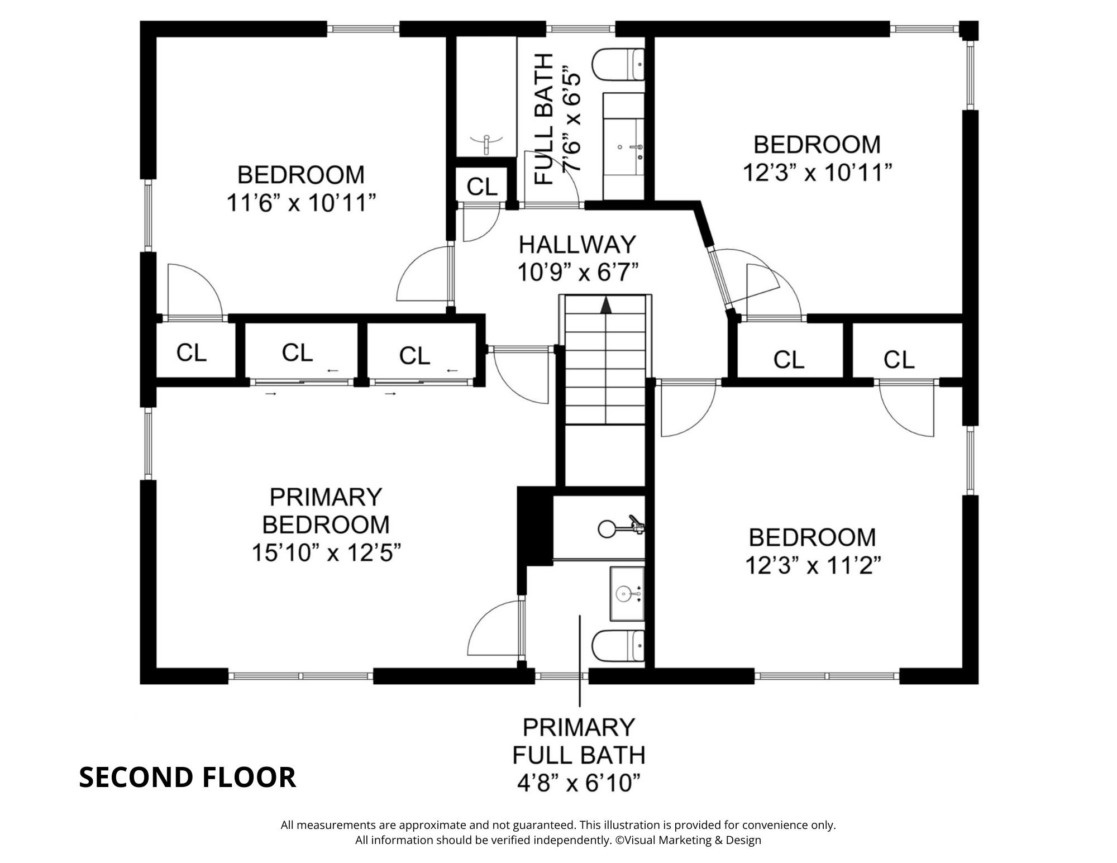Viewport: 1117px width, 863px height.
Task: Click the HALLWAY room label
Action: [x=577, y=245]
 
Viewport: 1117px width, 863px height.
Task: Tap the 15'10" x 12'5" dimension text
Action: [x=326, y=553]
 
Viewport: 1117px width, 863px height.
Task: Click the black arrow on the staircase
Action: [x=606, y=305]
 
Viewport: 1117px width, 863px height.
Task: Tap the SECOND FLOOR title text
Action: [x=187, y=777]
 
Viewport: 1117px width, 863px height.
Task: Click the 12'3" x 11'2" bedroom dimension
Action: [x=813, y=566]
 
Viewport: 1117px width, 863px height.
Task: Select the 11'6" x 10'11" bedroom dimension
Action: [x=300, y=203]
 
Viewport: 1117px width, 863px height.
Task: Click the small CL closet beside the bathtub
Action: [x=481, y=186]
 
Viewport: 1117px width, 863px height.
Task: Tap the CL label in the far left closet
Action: [x=191, y=352]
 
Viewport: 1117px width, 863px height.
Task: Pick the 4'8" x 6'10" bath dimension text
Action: [x=578, y=783]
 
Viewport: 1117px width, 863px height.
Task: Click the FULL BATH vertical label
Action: [x=543, y=119]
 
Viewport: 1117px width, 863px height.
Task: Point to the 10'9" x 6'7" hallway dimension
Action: [x=577, y=273]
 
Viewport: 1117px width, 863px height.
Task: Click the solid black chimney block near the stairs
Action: [x=534, y=528]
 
